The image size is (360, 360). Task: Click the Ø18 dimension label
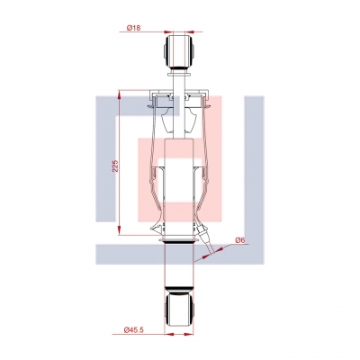pyautogui.click(x=133, y=28)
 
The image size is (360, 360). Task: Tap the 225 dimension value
pyautogui.click(x=115, y=166)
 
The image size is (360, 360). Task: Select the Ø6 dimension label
pyautogui.click(x=240, y=240)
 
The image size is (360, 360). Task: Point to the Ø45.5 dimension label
pyautogui.click(x=134, y=329)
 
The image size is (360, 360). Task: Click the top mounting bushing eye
pyautogui.click(x=179, y=51)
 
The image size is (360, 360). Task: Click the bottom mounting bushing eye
pyautogui.click(x=179, y=310)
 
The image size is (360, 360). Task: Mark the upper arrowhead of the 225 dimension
pyautogui.click(x=119, y=95)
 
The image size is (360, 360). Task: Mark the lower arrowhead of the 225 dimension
pyautogui.click(x=119, y=230)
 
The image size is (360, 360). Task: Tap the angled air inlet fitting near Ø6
pyautogui.click(x=205, y=237)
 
